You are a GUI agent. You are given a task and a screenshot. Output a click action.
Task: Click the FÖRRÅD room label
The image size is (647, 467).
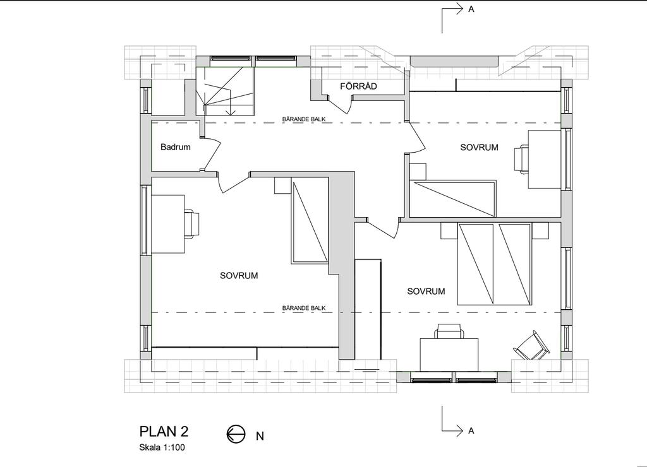click(358, 86)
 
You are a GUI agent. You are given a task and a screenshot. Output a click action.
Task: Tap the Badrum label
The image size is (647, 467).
click(176, 147)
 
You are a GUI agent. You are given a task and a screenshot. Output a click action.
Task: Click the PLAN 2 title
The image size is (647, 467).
click(164, 431)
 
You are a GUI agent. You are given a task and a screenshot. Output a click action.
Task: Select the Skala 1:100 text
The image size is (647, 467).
click(162, 447)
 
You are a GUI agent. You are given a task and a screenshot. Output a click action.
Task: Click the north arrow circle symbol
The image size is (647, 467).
click(236, 434)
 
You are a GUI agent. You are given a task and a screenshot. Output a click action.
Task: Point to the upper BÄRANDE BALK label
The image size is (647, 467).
click(304, 119)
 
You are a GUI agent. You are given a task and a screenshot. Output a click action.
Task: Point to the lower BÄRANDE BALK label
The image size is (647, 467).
click(304, 308)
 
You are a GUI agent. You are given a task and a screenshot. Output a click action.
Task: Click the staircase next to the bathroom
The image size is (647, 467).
click(225, 91)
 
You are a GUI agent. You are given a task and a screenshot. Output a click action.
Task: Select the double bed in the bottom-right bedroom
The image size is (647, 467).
click(494, 264)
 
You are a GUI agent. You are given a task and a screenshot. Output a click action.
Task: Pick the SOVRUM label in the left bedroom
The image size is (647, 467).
click(239, 275)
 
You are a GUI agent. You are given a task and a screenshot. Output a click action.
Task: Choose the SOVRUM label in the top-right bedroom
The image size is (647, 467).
click(479, 147)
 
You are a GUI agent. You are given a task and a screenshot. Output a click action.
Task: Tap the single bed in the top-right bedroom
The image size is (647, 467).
click(452, 198)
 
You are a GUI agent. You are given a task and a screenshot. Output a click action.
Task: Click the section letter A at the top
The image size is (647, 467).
click(471, 9)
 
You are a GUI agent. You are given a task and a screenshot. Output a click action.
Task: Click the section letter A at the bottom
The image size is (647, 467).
click(471, 431)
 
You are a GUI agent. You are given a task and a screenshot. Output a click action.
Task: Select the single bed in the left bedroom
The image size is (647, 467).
click(310, 220)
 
